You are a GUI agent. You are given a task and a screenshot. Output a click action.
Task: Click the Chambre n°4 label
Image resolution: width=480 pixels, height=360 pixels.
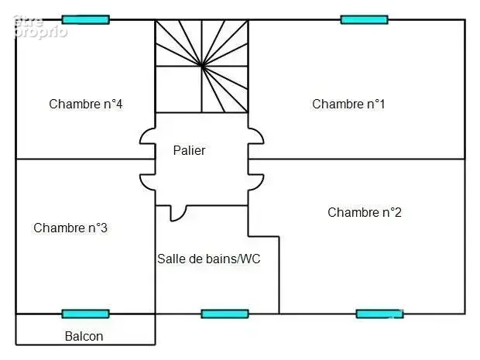[x=86, y=104]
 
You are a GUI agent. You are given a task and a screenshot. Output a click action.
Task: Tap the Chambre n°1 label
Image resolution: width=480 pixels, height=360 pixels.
[x=348, y=104]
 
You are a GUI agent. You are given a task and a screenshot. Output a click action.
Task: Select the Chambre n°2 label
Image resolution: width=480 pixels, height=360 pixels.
[x=365, y=212]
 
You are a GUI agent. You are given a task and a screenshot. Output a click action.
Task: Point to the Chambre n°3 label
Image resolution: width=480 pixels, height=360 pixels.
[x=70, y=228]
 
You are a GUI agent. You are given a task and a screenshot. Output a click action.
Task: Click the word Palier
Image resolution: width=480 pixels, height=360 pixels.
[x=189, y=150]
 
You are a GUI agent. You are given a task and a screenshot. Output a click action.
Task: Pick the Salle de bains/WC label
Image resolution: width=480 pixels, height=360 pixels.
[x=209, y=259]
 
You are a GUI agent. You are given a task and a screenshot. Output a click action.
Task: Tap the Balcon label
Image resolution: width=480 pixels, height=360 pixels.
[x=84, y=337]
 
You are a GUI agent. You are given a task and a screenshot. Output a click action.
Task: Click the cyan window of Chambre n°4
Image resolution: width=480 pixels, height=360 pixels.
[x=86, y=19]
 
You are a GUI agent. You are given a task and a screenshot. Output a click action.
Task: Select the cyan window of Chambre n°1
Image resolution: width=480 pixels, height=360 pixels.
[x=365, y=19]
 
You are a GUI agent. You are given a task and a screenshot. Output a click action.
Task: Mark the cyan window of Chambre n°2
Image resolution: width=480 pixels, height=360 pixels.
[x=379, y=314]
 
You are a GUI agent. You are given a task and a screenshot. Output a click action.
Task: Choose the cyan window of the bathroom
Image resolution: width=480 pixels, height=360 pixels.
[x=225, y=314]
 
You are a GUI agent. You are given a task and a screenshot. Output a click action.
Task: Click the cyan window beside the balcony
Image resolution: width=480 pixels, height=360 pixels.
[x=85, y=314]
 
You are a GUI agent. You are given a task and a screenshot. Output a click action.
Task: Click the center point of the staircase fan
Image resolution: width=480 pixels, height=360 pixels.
[x=201, y=66]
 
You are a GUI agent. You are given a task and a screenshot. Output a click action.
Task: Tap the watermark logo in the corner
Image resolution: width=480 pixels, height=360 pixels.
[x=39, y=27]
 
